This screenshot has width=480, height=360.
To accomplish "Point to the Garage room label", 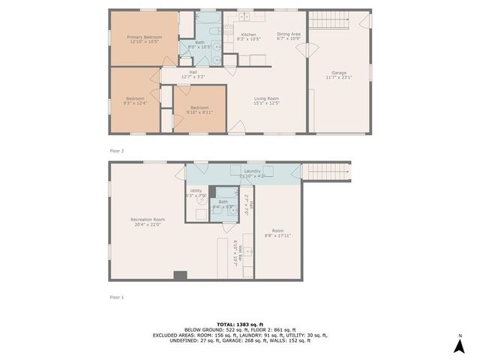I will pyautogui.click(x=339, y=74).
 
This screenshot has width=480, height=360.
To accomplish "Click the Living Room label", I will pyautogui.click(x=266, y=101).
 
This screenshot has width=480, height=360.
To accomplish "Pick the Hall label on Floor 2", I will pyautogui.click(x=193, y=73).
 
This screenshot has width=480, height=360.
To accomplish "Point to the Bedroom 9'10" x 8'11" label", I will pyautogui.click(x=199, y=109).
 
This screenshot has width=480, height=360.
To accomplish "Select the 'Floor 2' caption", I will pyautogui.click(x=117, y=151).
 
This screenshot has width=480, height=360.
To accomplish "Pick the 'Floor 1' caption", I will pyautogui.click(x=117, y=297).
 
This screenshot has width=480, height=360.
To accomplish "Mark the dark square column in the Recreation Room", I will pyautogui.click(x=180, y=275).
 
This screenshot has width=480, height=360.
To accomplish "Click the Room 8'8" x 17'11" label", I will pyautogui.click(x=277, y=233).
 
